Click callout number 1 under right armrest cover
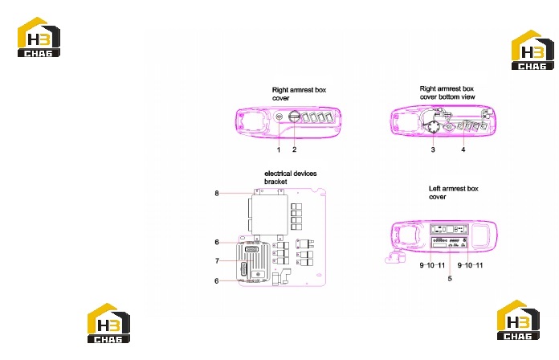tap(279, 149)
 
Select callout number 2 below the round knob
tap(294, 149)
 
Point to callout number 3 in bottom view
tap(433, 149)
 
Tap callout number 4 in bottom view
tap(463, 149)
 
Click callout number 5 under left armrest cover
tap(450, 278)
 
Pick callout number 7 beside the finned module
tap(217, 261)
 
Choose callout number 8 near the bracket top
tap(217, 194)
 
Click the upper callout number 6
tap(217, 242)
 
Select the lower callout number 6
tap(217, 281)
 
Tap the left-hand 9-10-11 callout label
tap(432, 265)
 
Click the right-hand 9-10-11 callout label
tap(470, 265)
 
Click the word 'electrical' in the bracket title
tap(277, 174)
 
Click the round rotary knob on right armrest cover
tap(295, 116)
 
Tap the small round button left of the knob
tap(279, 117)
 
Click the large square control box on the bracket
tap(270, 215)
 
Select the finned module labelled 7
tap(253, 261)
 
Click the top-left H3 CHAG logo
tap(39, 37)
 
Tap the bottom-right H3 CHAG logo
tap(518, 320)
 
